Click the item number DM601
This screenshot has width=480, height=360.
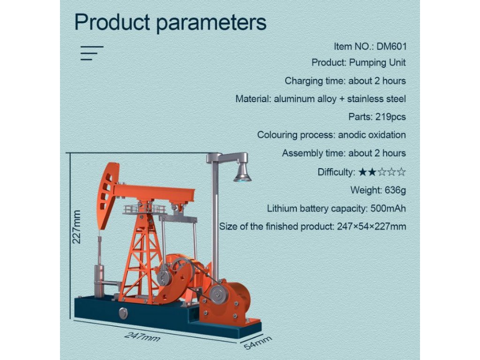click(391, 46)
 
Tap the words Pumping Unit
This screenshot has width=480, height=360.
click(377, 63)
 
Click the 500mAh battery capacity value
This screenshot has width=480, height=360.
click(388, 209)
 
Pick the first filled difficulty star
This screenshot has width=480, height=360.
click(362, 172)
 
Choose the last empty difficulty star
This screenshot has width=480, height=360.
click(401, 172)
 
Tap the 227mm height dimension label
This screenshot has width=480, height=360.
click(76, 227)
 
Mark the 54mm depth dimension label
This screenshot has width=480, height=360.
click(258, 343)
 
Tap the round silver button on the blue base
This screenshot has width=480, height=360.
click(123, 313)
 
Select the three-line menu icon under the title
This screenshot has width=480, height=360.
click(92, 53)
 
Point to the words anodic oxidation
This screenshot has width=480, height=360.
click(372, 135)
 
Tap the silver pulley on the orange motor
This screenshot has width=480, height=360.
click(219, 295)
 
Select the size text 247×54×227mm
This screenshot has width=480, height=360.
click(372, 227)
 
